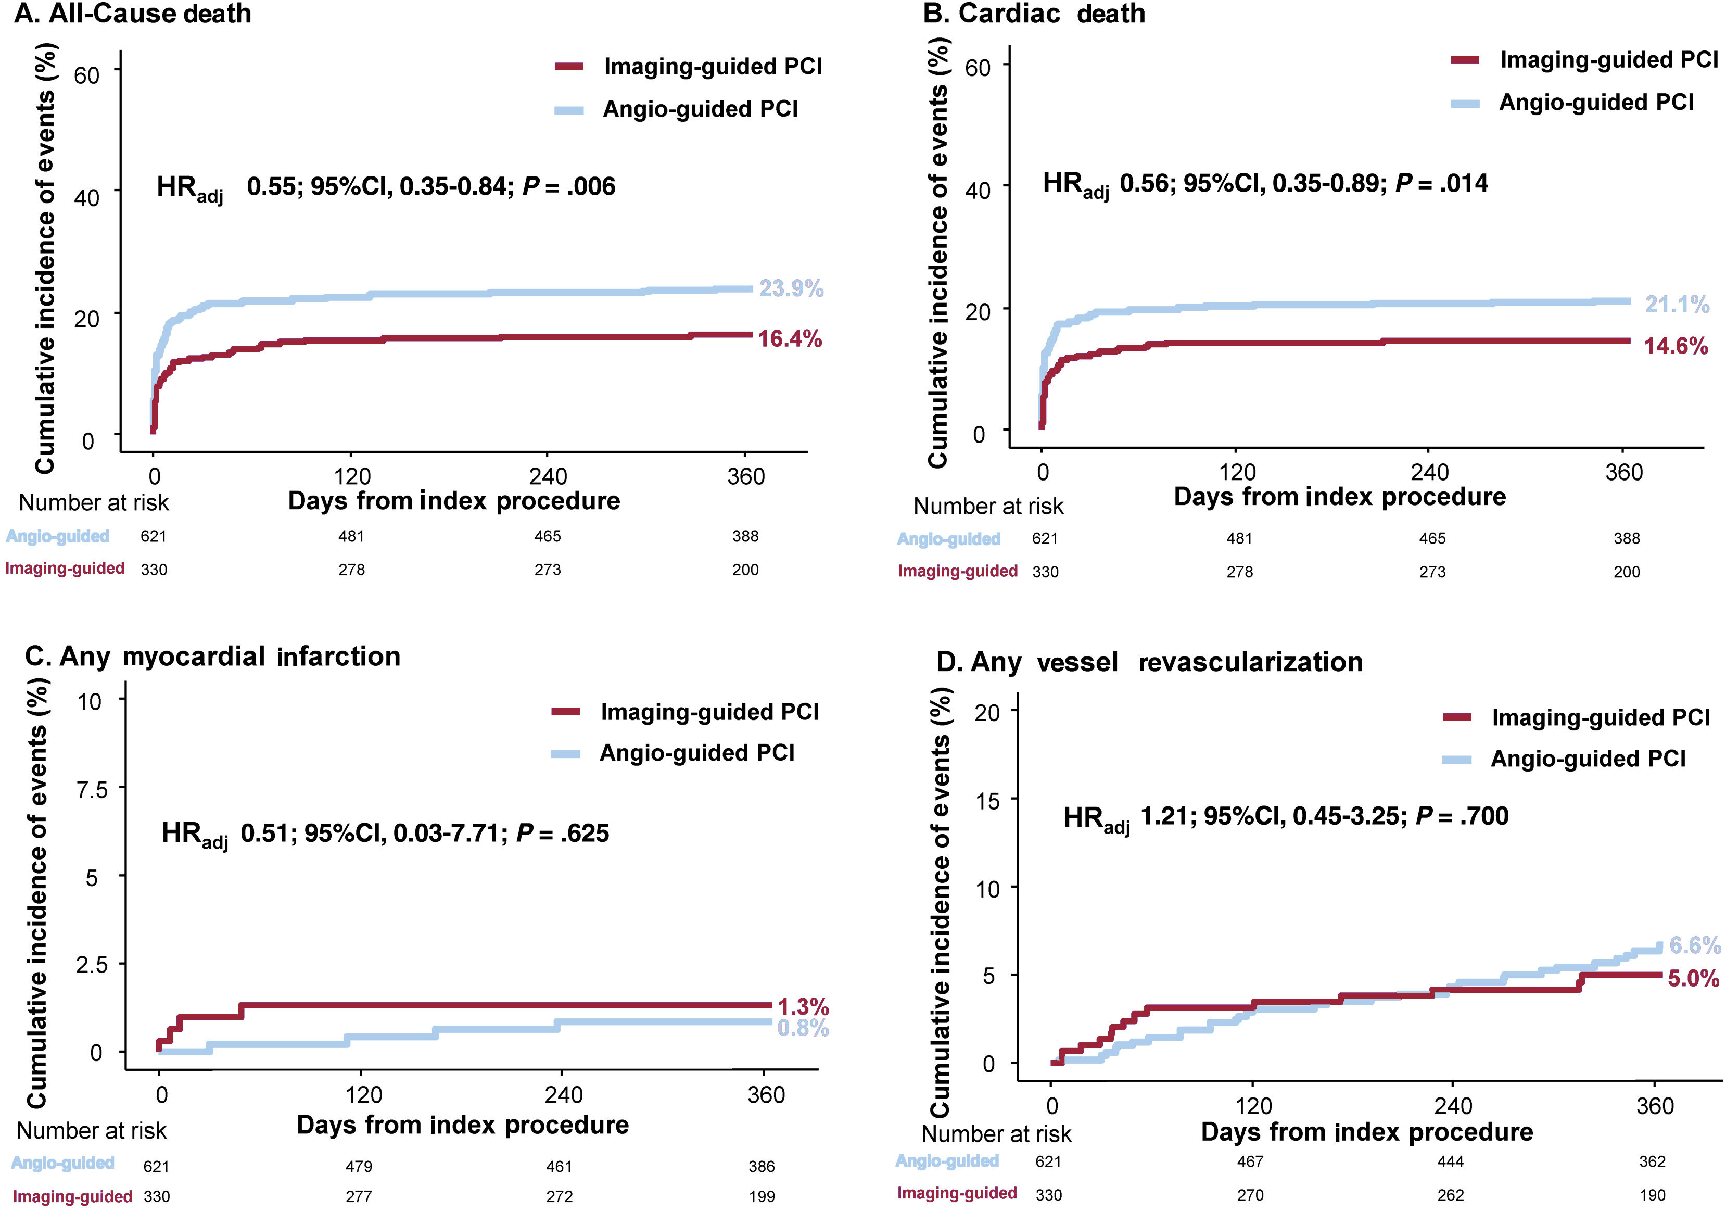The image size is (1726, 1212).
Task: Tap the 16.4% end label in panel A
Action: (789, 339)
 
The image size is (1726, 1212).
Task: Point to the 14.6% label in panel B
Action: (1676, 346)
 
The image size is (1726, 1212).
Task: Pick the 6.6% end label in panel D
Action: (1694, 944)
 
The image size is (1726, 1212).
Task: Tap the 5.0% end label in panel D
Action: (1693, 978)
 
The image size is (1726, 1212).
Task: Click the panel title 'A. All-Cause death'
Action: (133, 14)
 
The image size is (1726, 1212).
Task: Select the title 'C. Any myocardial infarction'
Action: (213, 656)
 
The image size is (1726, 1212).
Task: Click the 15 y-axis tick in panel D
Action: (987, 801)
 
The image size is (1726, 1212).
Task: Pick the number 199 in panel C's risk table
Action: (762, 1196)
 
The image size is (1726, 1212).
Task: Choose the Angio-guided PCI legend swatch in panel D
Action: (1456, 760)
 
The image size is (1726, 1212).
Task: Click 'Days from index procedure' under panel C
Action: (462, 1125)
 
